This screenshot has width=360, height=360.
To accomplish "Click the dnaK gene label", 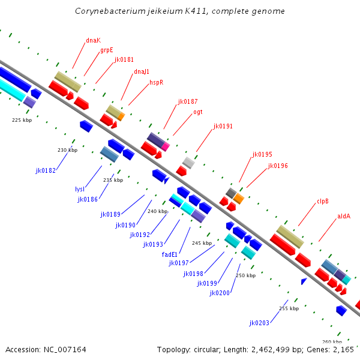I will coord(93,40).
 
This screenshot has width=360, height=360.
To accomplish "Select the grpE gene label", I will coord(107,50).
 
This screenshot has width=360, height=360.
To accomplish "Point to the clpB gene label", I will coord(323,201).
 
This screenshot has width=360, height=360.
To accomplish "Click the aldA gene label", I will coord(344,216).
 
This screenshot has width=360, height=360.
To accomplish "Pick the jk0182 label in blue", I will coord(46,170).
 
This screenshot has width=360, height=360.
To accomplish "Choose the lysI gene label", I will coord(80,189).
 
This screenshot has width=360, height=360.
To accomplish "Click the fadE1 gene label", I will coord(170,254).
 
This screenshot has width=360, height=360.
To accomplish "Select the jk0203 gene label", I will coord(259,323).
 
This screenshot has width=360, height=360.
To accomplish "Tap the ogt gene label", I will coord(198,112).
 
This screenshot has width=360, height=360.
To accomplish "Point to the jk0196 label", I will coord(278,166).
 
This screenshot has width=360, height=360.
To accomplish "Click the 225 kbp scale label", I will coord(22,120).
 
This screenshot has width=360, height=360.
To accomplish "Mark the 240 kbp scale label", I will coord(157,211).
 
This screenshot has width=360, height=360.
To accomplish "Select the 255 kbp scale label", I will coord(289,308).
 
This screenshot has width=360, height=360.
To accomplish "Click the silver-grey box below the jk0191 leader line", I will coord(188,162).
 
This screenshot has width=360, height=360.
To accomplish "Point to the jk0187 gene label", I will coord(188,101).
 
